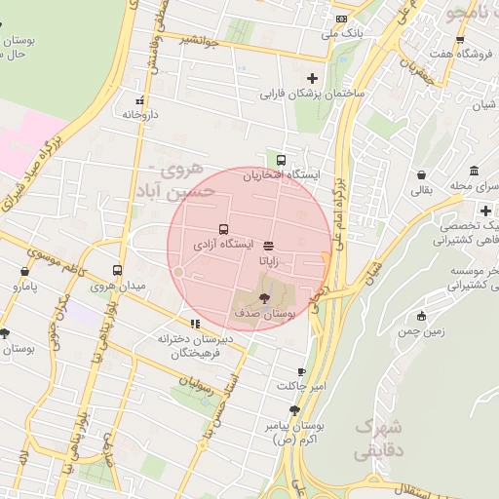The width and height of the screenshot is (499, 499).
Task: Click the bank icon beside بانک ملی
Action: pyautogui.click(x=340, y=19)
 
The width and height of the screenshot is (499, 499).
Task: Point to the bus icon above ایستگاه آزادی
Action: pyautogui.click(x=223, y=228)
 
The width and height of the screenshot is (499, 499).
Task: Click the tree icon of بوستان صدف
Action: pyautogui.click(x=265, y=299)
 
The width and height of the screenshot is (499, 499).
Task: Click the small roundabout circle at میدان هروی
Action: pyautogui.click(x=178, y=272)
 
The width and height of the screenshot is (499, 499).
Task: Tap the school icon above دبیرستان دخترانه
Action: pyautogui.click(x=195, y=324)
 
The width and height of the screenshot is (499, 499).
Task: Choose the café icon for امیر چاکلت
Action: pyautogui.click(x=301, y=371)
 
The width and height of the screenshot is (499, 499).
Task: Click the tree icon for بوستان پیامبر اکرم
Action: pyautogui.click(x=294, y=410)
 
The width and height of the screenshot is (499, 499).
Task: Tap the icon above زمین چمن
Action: pyautogui.click(x=421, y=316)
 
